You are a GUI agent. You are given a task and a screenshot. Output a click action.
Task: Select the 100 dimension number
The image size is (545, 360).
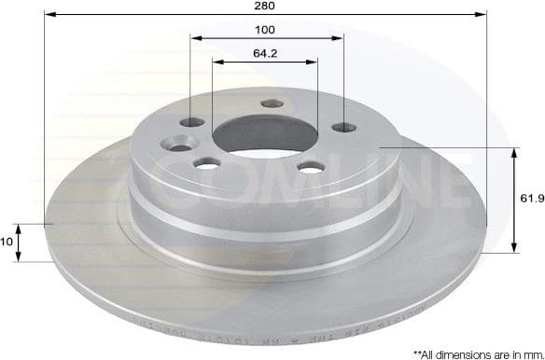click(266, 30)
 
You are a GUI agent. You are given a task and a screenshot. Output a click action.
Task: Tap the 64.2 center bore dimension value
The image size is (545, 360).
click(265, 52)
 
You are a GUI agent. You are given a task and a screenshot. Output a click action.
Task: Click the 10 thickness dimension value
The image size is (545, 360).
click(7, 241)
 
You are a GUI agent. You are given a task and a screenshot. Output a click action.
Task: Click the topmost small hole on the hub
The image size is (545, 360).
click(272, 104)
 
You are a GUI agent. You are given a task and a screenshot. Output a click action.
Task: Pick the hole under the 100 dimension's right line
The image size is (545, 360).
click(343, 127)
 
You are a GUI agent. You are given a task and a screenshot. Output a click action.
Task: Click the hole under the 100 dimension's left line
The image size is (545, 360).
click(192, 122)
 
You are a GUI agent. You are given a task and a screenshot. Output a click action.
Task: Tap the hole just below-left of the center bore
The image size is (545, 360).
click(207, 163)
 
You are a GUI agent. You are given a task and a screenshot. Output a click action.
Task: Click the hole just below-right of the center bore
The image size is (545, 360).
click(311, 167)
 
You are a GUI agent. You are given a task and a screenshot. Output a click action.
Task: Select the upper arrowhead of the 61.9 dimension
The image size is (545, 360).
click(514, 152)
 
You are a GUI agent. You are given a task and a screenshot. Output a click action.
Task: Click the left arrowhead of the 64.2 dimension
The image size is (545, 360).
click(217, 62)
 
